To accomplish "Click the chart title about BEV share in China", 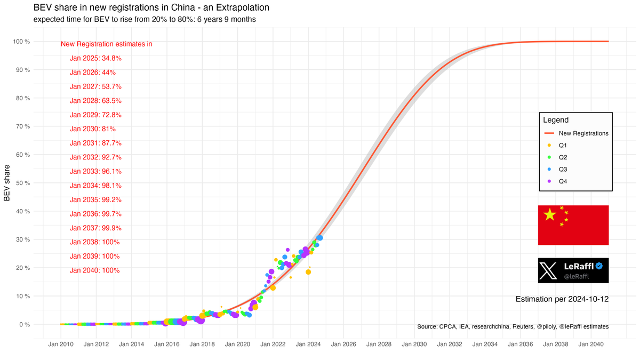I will (x=151, y=8).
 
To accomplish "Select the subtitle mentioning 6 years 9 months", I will (x=144, y=20).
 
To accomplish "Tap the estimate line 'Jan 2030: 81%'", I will (x=92, y=129).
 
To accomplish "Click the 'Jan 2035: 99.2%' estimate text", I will (x=95, y=199).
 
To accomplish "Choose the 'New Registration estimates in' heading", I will (x=107, y=44).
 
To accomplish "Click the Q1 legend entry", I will (x=562, y=145).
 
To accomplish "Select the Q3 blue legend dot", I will (x=549, y=169).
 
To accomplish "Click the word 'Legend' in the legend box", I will (x=556, y=121).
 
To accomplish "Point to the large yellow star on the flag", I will (x=549, y=215).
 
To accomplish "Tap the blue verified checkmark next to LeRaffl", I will (x=599, y=266).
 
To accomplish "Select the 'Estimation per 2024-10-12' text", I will (x=562, y=299).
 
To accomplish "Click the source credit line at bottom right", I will (x=513, y=326).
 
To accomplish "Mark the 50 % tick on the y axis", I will (x=22, y=183).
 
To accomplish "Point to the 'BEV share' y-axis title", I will (x=7, y=183).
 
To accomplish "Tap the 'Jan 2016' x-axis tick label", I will (x=166, y=345).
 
